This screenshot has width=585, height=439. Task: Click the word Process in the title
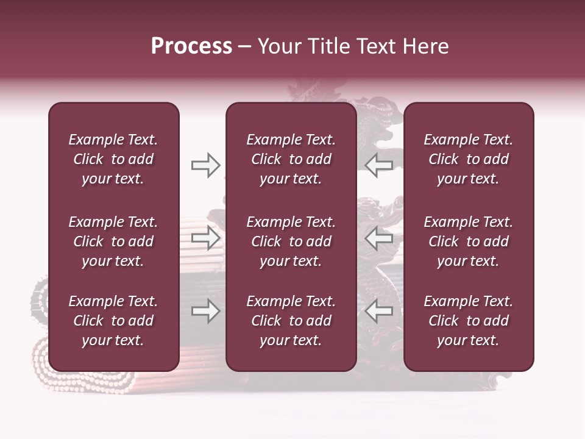pos(191,46)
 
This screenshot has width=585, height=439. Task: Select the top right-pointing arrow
pos(206,165)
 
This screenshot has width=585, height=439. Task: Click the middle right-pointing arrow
pos(206,238)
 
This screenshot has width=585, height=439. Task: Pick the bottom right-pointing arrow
pos(206,312)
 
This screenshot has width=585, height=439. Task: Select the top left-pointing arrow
pos(379,165)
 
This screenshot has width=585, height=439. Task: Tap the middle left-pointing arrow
pos(379,238)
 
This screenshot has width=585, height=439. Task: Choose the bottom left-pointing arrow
pos(379,312)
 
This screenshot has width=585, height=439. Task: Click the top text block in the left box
pos(113,159)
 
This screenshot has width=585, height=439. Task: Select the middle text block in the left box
pos(113,241)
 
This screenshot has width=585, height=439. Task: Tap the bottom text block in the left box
pos(113,321)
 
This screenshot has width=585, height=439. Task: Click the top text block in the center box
pos(291,159)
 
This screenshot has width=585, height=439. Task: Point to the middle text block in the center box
pos(291,241)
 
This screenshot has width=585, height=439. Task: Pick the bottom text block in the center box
pos(291,321)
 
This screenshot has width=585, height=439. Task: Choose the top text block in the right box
pos(469,159)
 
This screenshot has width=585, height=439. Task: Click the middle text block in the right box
pos(469,241)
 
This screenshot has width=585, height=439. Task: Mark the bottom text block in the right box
pos(469,321)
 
